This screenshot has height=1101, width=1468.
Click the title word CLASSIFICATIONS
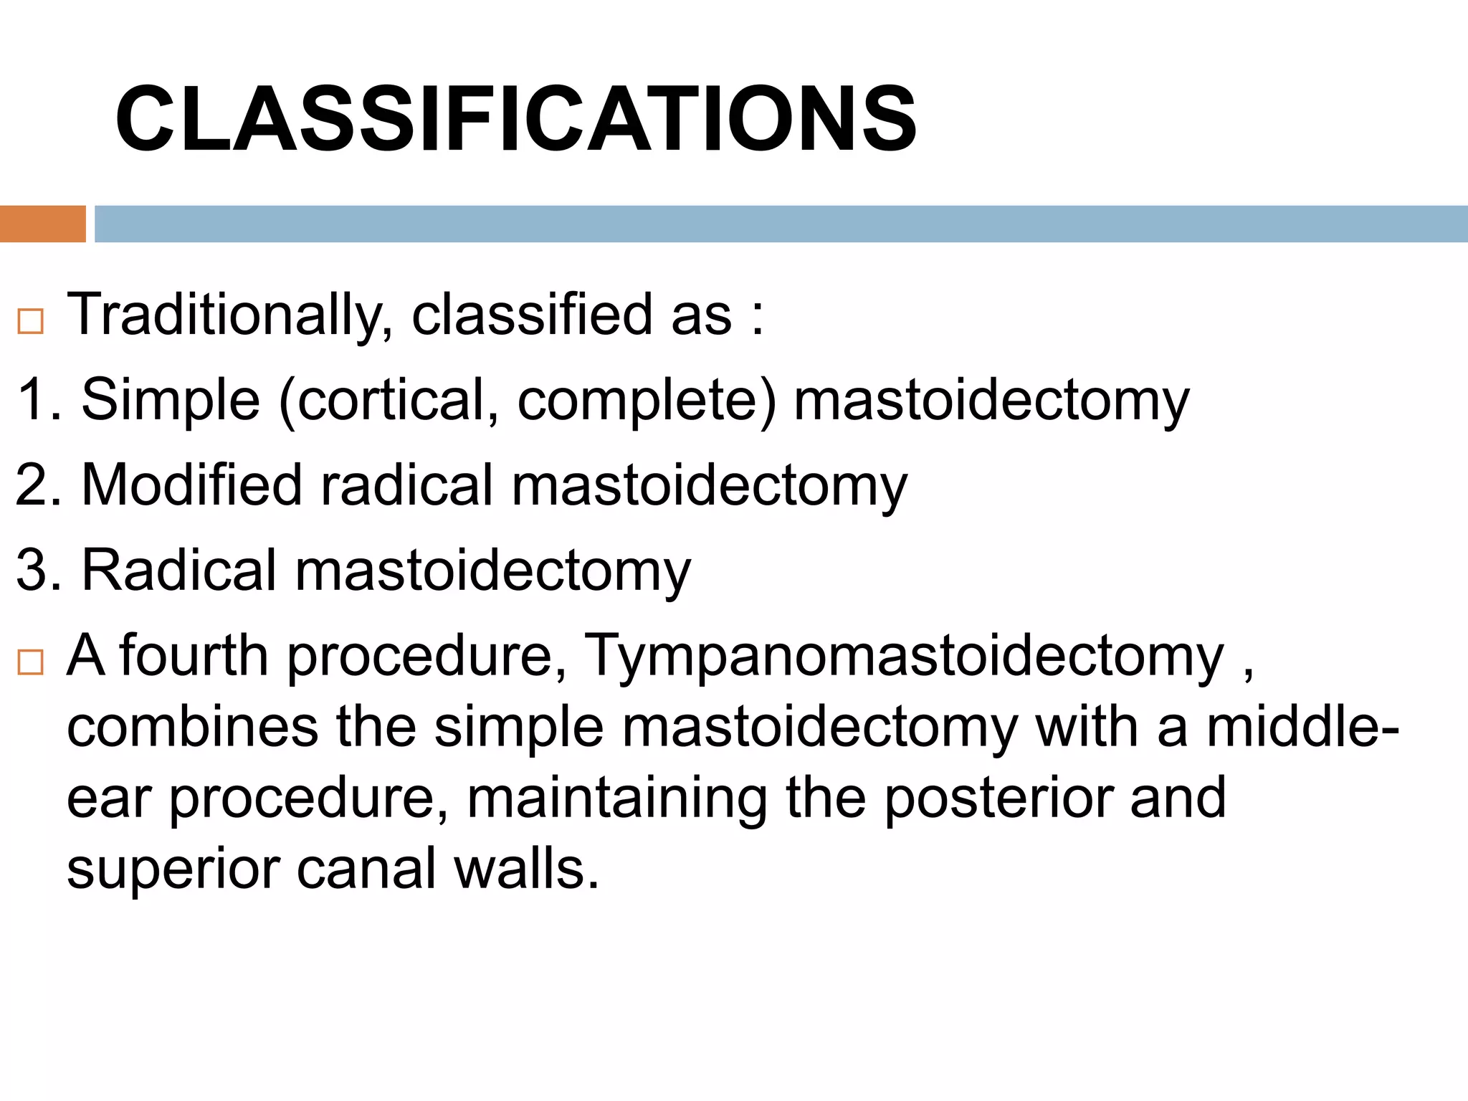point(515,120)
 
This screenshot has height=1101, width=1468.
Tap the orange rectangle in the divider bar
point(42,224)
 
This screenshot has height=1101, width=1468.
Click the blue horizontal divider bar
point(780,224)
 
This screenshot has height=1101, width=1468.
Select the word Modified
point(191,485)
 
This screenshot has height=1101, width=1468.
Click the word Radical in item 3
point(179,571)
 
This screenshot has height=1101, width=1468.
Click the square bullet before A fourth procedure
point(31,662)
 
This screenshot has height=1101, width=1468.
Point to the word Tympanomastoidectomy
point(905,657)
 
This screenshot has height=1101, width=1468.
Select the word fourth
point(194,655)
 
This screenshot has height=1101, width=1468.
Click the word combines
point(192,728)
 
